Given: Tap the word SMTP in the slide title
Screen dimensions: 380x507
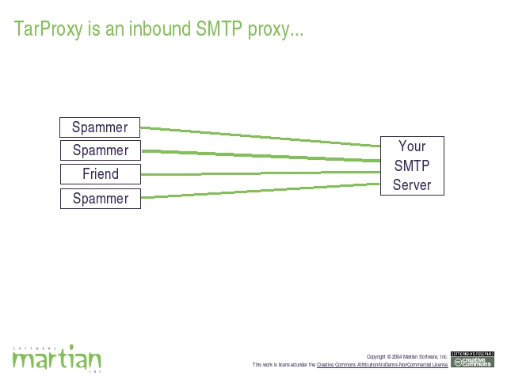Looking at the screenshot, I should click(x=219, y=30).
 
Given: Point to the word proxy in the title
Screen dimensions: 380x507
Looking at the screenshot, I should click(x=273, y=30).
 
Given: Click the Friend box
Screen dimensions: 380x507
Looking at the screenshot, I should click(x=100, y=174).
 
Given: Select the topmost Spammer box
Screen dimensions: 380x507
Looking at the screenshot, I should click(x=100, y=127).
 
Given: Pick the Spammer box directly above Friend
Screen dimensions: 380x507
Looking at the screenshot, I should click(x=100, y=150).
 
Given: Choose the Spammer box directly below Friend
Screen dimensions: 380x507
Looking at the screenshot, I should click(x=100, y=198).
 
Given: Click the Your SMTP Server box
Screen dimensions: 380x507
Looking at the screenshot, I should click(x=412, y=165).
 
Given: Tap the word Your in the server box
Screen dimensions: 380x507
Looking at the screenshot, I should click(x=412, y=146).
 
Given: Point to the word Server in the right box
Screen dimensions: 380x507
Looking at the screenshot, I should click(x=412, y=185).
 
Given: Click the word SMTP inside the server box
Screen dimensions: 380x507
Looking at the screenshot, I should click(x=412, y=165).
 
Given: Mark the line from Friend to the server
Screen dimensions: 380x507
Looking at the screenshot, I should click(x=261, y=173).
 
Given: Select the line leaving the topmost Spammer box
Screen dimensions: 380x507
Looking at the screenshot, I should click(x=261, y=136).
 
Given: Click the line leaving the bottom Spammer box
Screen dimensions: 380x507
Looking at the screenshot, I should click(x=261, y=191).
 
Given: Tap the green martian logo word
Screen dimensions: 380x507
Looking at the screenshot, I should click(x=56, y=360).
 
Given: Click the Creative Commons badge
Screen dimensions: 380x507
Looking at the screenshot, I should click(x=472, y=359).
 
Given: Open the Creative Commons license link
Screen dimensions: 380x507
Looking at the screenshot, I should click(x=382, y=365).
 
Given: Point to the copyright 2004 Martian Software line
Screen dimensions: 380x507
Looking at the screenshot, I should click(x=407, y=357).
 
